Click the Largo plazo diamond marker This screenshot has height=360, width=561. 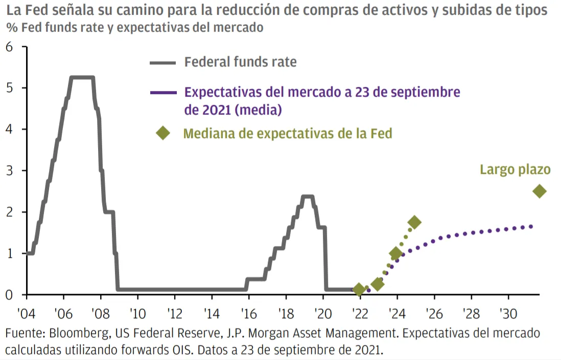click(539, 191)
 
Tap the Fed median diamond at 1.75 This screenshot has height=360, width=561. click(414, 222)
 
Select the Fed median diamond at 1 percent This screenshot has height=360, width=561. click(395, 253)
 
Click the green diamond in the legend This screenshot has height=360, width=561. click(163, 133)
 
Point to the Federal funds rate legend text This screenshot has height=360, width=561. click(240, 62)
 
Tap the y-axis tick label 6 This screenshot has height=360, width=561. click(9, 47)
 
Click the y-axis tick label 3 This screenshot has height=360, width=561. click(9, 171)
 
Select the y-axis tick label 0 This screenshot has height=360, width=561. click(9, 295)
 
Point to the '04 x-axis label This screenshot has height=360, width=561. click(26, 312)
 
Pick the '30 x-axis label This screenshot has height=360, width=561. click(508, 312)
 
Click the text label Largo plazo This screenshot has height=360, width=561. click(515, 170)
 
